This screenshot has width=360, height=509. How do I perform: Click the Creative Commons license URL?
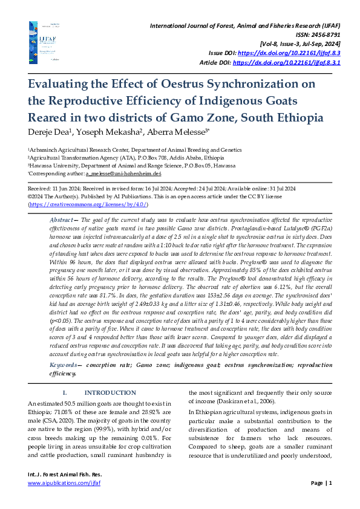88,205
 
